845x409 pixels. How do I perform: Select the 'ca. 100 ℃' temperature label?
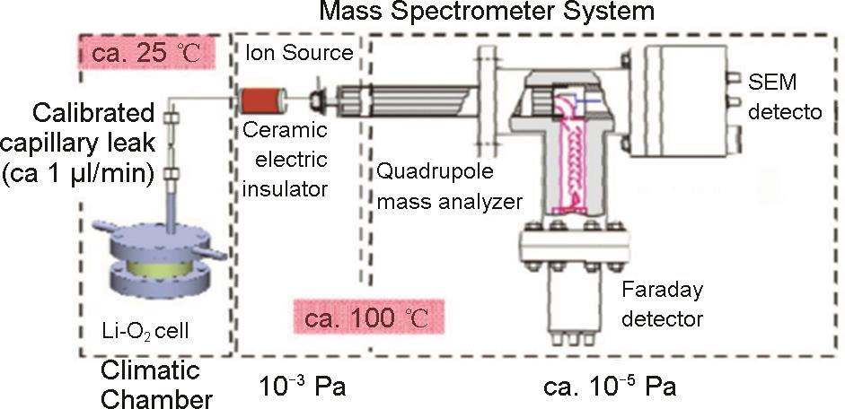[369, 318]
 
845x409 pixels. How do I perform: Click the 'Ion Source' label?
[299, 53]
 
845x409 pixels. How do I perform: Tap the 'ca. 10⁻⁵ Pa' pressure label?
[610, 387]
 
